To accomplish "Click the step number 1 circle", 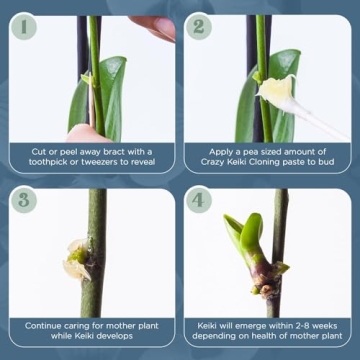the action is tap(23, 26).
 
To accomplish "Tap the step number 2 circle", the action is tap(199, 26).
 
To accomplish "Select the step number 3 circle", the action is tap(23, 200).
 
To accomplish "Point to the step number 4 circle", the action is tap(199, 200).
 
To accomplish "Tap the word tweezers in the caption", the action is tap(104, 162).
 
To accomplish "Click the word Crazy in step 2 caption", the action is tap(213, 162).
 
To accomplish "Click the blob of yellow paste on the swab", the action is tap(277, 89).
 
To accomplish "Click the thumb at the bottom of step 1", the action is tap(86, 134).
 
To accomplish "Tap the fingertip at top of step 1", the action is tap(154, 27).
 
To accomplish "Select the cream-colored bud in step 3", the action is tap(77, 257).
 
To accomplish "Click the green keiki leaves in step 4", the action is tap(244, 233).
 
